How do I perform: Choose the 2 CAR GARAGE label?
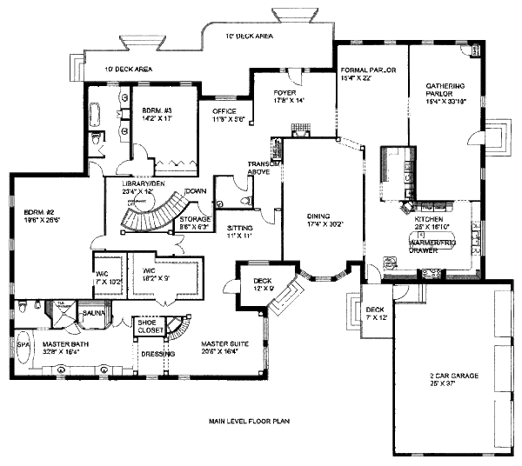tap(445, 376)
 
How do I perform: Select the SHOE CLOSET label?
tap(146, 326)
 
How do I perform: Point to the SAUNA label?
tap(92, 311)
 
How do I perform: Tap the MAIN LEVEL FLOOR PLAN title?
tap(248, 421)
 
